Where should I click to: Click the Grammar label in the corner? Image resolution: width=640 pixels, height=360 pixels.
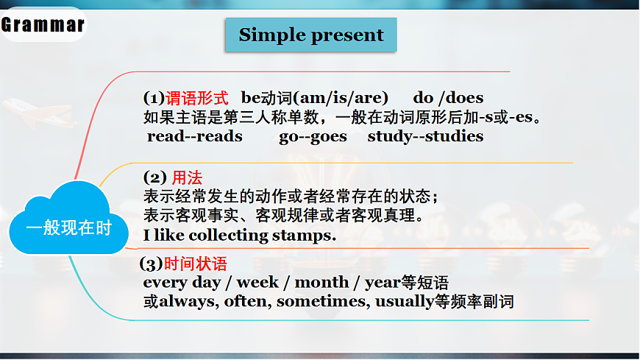tap(43, 25)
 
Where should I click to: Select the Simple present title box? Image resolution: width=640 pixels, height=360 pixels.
tap(310, 35)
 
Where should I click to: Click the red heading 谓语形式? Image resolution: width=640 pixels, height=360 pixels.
tap(198, 98)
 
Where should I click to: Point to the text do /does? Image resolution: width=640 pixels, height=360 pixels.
tap(448, 98)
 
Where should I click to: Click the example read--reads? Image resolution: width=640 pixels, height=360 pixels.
tap(194, 136)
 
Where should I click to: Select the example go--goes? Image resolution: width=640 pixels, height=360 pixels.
tap(313, 136)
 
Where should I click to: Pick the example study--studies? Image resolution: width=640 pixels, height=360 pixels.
tap(425, 136)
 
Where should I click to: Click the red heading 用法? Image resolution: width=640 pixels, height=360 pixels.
tap(187, 177)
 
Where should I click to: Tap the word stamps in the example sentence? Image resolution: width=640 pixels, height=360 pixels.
tap(305, 236)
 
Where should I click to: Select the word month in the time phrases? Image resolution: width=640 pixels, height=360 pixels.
tap(321, 283)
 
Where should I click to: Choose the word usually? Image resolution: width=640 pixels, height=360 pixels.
tap(403, 301)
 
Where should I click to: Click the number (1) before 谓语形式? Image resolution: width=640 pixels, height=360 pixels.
tap(154, 98)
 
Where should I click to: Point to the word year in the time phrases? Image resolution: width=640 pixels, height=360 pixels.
tap(382, 283)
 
